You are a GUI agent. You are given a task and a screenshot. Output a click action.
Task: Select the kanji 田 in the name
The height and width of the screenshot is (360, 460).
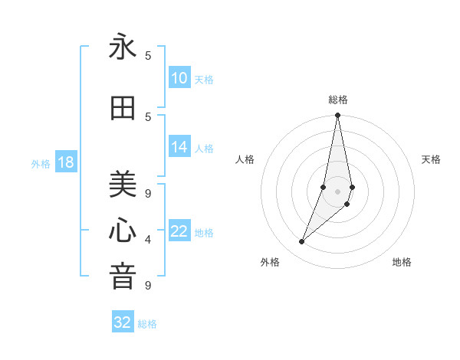(123, 108)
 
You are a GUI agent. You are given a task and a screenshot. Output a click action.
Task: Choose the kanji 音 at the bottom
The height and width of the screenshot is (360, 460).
(123, 276)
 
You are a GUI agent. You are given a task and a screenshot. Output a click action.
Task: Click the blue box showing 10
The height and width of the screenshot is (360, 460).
(179, 78)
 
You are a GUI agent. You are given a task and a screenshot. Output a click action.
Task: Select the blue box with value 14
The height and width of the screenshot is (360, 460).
(179, 148)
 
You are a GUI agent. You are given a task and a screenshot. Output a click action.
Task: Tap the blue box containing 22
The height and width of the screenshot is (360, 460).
(179, 232)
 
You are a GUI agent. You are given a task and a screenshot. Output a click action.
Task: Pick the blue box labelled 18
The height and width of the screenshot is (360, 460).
(65, 162)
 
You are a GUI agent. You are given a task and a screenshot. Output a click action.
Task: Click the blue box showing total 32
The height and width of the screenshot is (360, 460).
(123, 322)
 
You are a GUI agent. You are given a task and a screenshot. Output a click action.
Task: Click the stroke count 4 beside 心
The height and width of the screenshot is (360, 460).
(148, 240)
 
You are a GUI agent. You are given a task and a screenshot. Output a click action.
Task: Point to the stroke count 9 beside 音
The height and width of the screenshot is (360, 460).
(148, 286)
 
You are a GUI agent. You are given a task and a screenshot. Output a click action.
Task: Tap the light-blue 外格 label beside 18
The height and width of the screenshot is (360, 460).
(41, 163)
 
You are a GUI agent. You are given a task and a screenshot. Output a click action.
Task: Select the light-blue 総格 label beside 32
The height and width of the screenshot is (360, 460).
(147, 324)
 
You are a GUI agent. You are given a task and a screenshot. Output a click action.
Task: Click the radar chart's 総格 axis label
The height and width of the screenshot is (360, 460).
(338, 100)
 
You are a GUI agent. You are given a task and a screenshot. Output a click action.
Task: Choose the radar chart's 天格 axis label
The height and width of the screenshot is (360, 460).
(432, 159)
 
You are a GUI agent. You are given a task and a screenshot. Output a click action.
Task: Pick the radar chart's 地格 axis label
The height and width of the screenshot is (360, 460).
(402, 262)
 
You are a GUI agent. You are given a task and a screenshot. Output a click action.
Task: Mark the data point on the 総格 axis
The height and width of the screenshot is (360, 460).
(338, 116)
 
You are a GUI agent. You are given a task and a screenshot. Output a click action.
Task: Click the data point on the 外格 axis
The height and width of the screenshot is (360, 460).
(301, 242)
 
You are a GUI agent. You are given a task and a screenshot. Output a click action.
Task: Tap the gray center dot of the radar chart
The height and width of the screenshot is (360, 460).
(338, 191)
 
